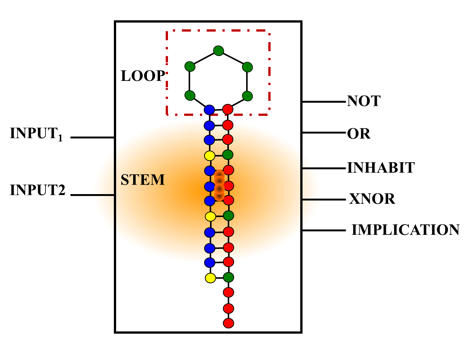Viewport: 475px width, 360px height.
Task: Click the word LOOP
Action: click(x=142, y=76)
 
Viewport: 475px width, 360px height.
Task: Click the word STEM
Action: click(x=142, y=180)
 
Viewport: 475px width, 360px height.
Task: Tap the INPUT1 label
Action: click(x=36, y=134)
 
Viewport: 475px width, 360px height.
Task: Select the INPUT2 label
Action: click(x=38, y=190)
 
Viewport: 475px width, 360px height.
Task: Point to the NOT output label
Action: click(x=363, y=101)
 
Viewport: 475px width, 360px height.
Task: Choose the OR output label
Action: click(x=359, y=134)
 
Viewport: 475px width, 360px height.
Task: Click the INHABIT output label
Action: click(x=381, y=168)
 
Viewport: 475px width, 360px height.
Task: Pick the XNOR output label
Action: click(x=372, y=199)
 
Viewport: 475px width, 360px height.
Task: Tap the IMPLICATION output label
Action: click(x=405, y=230)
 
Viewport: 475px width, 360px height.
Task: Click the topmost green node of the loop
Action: click(x=218, y=50)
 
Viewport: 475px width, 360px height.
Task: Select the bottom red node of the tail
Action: click(x=228, y=323)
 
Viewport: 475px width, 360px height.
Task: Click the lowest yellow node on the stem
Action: click(x=210, y=278)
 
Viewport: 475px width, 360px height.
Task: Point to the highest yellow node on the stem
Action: click(x=209, y=155)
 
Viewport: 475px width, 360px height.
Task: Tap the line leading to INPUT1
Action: click(x=92, y=138)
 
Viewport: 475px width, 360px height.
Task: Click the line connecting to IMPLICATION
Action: click(x=324, y=230)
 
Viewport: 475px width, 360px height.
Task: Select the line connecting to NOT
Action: click(x=324, y=102)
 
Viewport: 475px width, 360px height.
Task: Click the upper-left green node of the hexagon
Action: click(x=190, y=67)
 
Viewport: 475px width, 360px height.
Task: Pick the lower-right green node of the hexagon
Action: click(x=247, y=96)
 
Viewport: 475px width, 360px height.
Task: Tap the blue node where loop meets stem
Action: click(x=209, y=110)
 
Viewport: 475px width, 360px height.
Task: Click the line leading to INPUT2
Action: click(x=92, y=195)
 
